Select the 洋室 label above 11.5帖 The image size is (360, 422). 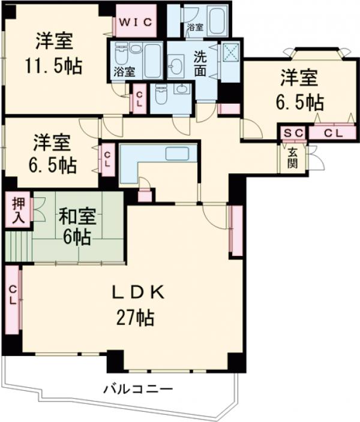tap(53, 42)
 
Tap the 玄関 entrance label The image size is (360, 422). tap(292, 157)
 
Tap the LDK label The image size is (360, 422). tap(139, 292)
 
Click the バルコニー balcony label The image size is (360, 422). tap(137, 389)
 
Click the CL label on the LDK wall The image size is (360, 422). tap(12, 297)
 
